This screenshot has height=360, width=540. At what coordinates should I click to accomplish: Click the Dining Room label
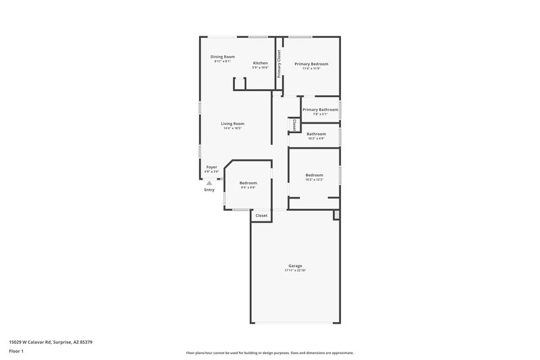click(222, 57)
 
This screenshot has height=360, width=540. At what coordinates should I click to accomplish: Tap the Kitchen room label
click(261, 63)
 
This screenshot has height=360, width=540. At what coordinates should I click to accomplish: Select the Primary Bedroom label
click(310, 63)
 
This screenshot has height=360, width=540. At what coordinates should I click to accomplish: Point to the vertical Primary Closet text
click(279, 64)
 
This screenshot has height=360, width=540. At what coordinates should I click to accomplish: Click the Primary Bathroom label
click(320, 109)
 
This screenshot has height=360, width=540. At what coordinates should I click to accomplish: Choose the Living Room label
click(232, 124)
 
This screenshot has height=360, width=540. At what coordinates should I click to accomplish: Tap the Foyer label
click(212, 167)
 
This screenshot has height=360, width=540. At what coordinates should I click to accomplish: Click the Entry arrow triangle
click(209, 182)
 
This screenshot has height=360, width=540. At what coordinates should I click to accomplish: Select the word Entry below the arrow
click(209, 190)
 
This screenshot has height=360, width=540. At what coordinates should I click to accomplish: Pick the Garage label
click(296, 265)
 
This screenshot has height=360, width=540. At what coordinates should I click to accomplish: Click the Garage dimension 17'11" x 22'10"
click(296, 270)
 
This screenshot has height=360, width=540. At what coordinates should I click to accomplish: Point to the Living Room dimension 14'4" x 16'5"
click(232, 128)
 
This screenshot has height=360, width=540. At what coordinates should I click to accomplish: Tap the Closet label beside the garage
click(261, 215)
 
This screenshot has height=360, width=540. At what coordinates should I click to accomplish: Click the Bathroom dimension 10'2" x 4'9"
click(316, 138)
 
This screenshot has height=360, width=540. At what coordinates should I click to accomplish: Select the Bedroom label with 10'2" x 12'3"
click(315, 175)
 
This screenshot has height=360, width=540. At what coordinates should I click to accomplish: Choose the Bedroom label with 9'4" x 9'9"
click(248, 183)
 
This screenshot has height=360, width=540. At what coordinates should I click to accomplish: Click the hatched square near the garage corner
click(335, 215)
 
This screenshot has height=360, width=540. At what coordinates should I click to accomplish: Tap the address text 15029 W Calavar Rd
click(51, 342)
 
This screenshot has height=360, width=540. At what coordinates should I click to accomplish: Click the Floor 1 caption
click(16, 352)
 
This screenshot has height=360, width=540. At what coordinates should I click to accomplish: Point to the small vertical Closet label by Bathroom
click(294, 125)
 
